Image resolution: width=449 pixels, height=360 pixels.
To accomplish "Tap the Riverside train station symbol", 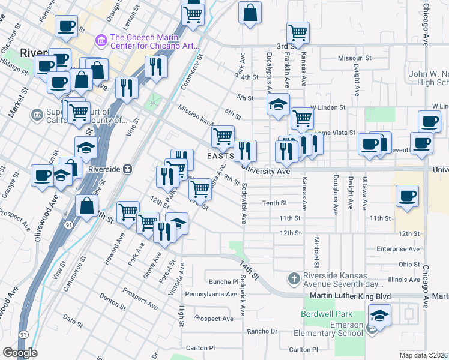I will (x=128, y=169).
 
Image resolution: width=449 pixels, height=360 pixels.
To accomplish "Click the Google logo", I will (x=20, y=353).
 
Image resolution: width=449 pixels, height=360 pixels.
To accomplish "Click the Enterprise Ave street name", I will (x=397, y=248).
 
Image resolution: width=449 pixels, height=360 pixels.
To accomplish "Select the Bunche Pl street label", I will (x=224, y=281).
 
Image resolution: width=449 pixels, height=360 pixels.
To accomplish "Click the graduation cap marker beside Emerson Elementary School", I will (x=379, y=316).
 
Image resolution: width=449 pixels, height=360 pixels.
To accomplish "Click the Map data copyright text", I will (x=424, y=355).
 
